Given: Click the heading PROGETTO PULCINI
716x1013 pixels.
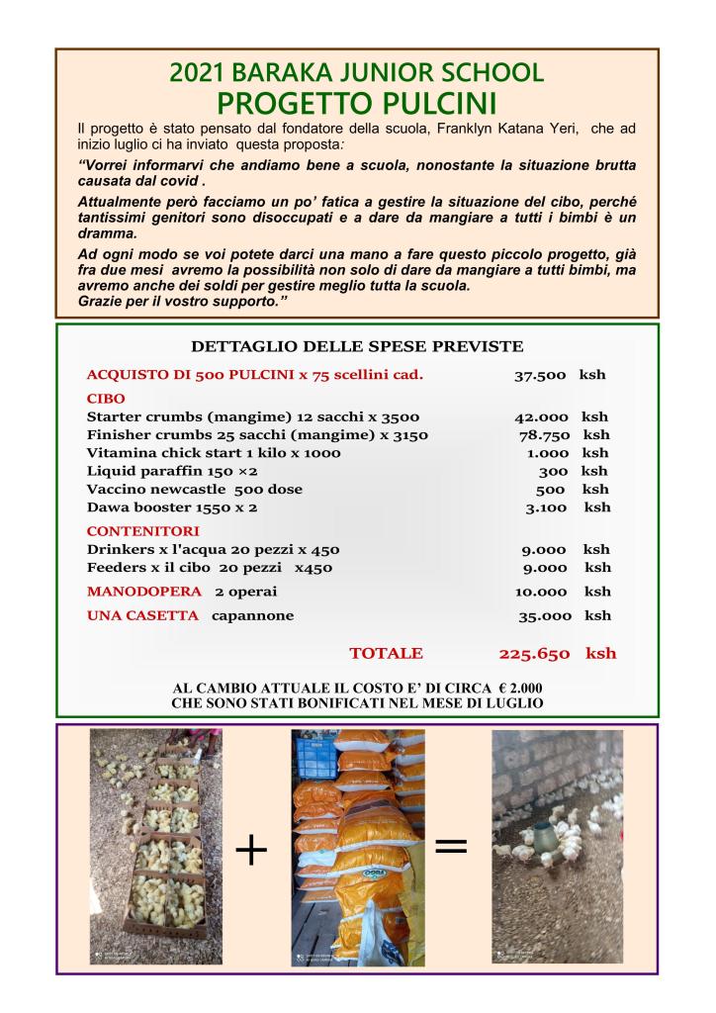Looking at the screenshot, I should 357,103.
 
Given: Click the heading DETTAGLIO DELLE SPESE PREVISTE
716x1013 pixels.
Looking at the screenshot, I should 356,346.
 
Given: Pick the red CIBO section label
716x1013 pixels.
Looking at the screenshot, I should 107,398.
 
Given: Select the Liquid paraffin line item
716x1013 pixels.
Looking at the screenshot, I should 172,471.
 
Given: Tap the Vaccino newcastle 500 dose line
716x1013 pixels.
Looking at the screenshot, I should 194,489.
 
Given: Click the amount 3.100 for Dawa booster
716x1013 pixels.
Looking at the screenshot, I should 545,507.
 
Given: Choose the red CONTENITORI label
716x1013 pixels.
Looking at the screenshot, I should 142,531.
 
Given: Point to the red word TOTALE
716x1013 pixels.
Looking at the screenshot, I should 386,653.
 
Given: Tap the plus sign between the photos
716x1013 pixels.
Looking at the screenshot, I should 252,849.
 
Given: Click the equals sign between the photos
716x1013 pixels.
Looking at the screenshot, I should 451,847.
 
